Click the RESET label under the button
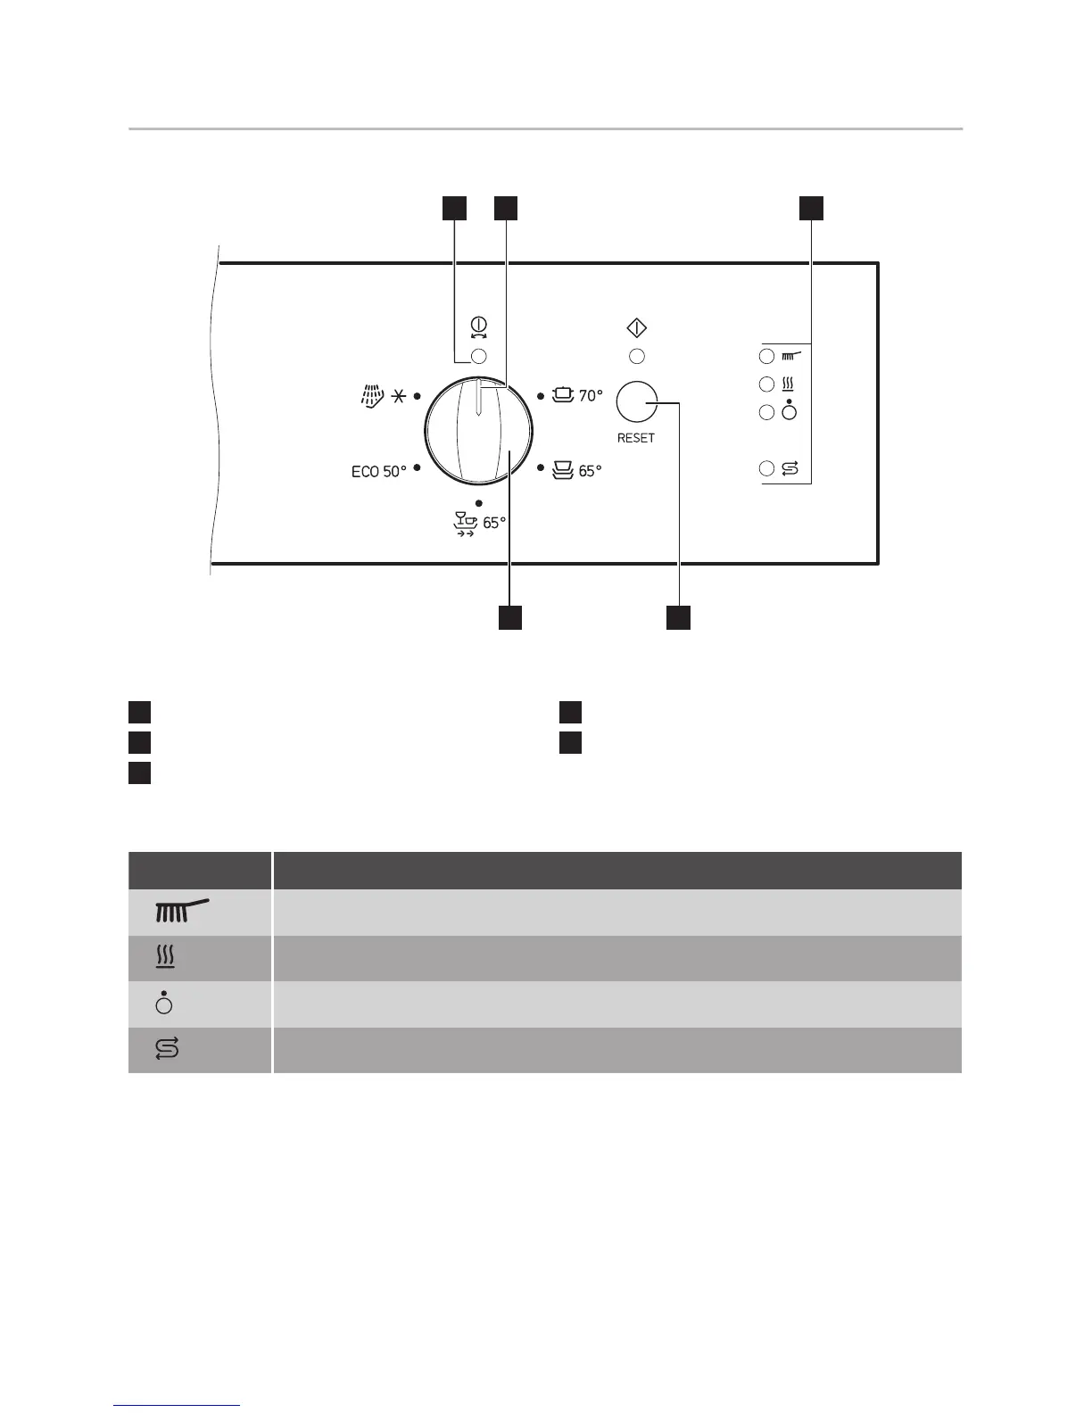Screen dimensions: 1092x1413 [636, 438]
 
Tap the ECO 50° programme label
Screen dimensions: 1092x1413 [379, 471]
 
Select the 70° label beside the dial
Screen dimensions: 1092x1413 [591, 395]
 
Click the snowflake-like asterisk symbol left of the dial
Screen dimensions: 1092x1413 [397, 396]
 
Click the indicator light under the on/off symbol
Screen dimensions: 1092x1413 [478, 357]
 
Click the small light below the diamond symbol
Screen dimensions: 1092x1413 [637, 357]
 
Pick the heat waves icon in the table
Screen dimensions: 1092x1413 [166, 958]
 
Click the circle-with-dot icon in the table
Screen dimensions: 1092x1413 [164, 1004]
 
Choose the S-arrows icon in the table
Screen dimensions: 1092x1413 [167, 1049]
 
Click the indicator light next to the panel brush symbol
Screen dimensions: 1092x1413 [766, 357]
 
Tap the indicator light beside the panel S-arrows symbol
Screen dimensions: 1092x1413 [766, 468]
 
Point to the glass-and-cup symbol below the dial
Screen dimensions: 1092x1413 [466, 524]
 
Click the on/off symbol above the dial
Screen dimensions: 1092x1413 [478, 328]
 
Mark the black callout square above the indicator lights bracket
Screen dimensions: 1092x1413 [810, 207]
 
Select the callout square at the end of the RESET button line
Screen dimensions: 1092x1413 [679, 617]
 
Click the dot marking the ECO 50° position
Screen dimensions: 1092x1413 [418, 467]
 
